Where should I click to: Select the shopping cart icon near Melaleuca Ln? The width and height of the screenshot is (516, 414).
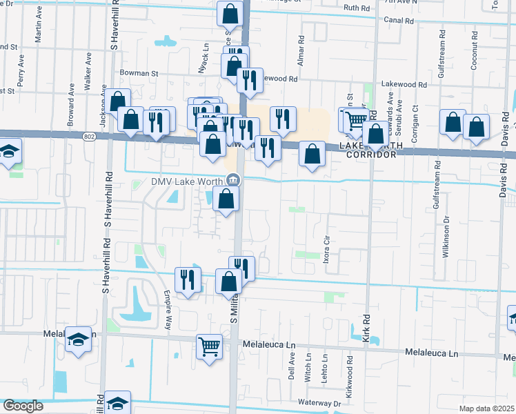coord(209,346)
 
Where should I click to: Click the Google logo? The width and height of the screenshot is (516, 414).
coord(23,406)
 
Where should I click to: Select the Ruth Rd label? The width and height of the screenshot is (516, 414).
coord(357,8)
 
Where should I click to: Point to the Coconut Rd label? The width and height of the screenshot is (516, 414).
coord(475,50)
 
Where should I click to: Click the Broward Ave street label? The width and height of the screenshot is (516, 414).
coord(71,115)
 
